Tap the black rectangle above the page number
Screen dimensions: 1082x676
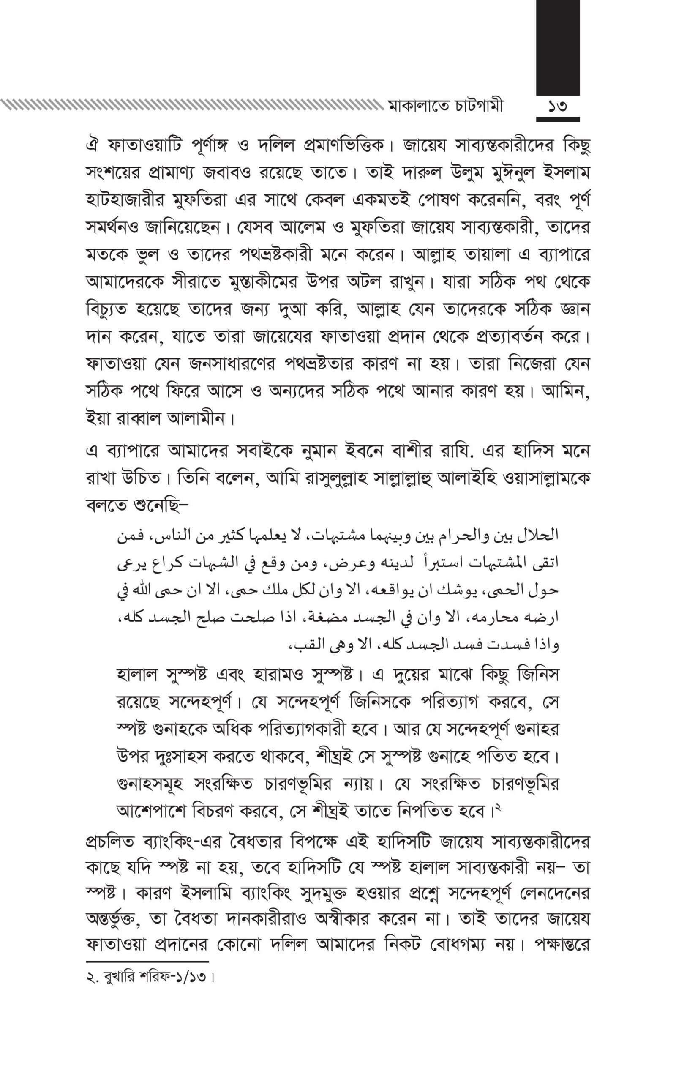[x=558, y=47]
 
